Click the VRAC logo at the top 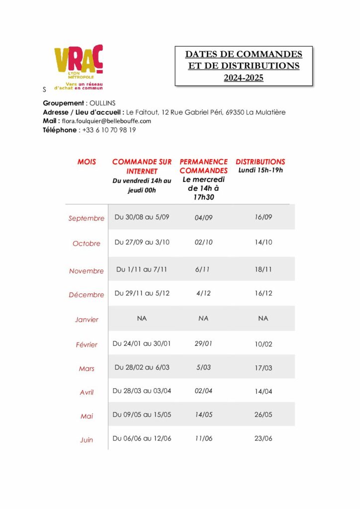(79, 67)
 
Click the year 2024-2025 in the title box (244, 78)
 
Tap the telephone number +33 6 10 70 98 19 (109, 130)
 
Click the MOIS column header (87, 162)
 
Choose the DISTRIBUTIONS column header (260, 162)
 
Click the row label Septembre (87, 218)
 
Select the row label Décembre (87, 295)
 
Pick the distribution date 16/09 (264, 217)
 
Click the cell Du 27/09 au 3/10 (142, 242)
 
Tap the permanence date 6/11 (203, 269)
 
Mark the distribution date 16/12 (264, 293)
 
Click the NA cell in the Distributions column (263, 318)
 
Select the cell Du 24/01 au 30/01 (142, 343)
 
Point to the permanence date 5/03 (203, 367)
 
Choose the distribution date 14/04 (264, 391)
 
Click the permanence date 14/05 (203, 415)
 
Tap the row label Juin (87, 440)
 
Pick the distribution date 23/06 (264, 438)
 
